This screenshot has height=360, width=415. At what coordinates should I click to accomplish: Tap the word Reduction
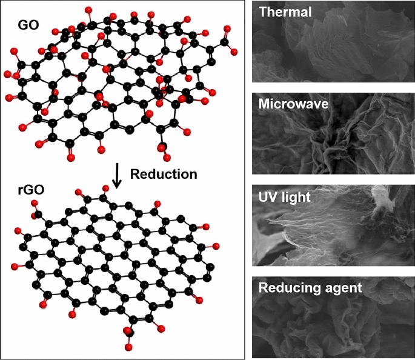(x=164, y=175)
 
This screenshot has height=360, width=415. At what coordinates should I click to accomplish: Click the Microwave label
(x=293, y=104)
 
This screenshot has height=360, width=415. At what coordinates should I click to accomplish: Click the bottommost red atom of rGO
(x=130, y=347)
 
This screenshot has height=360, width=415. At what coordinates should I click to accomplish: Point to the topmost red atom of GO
(x=90, y=10)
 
